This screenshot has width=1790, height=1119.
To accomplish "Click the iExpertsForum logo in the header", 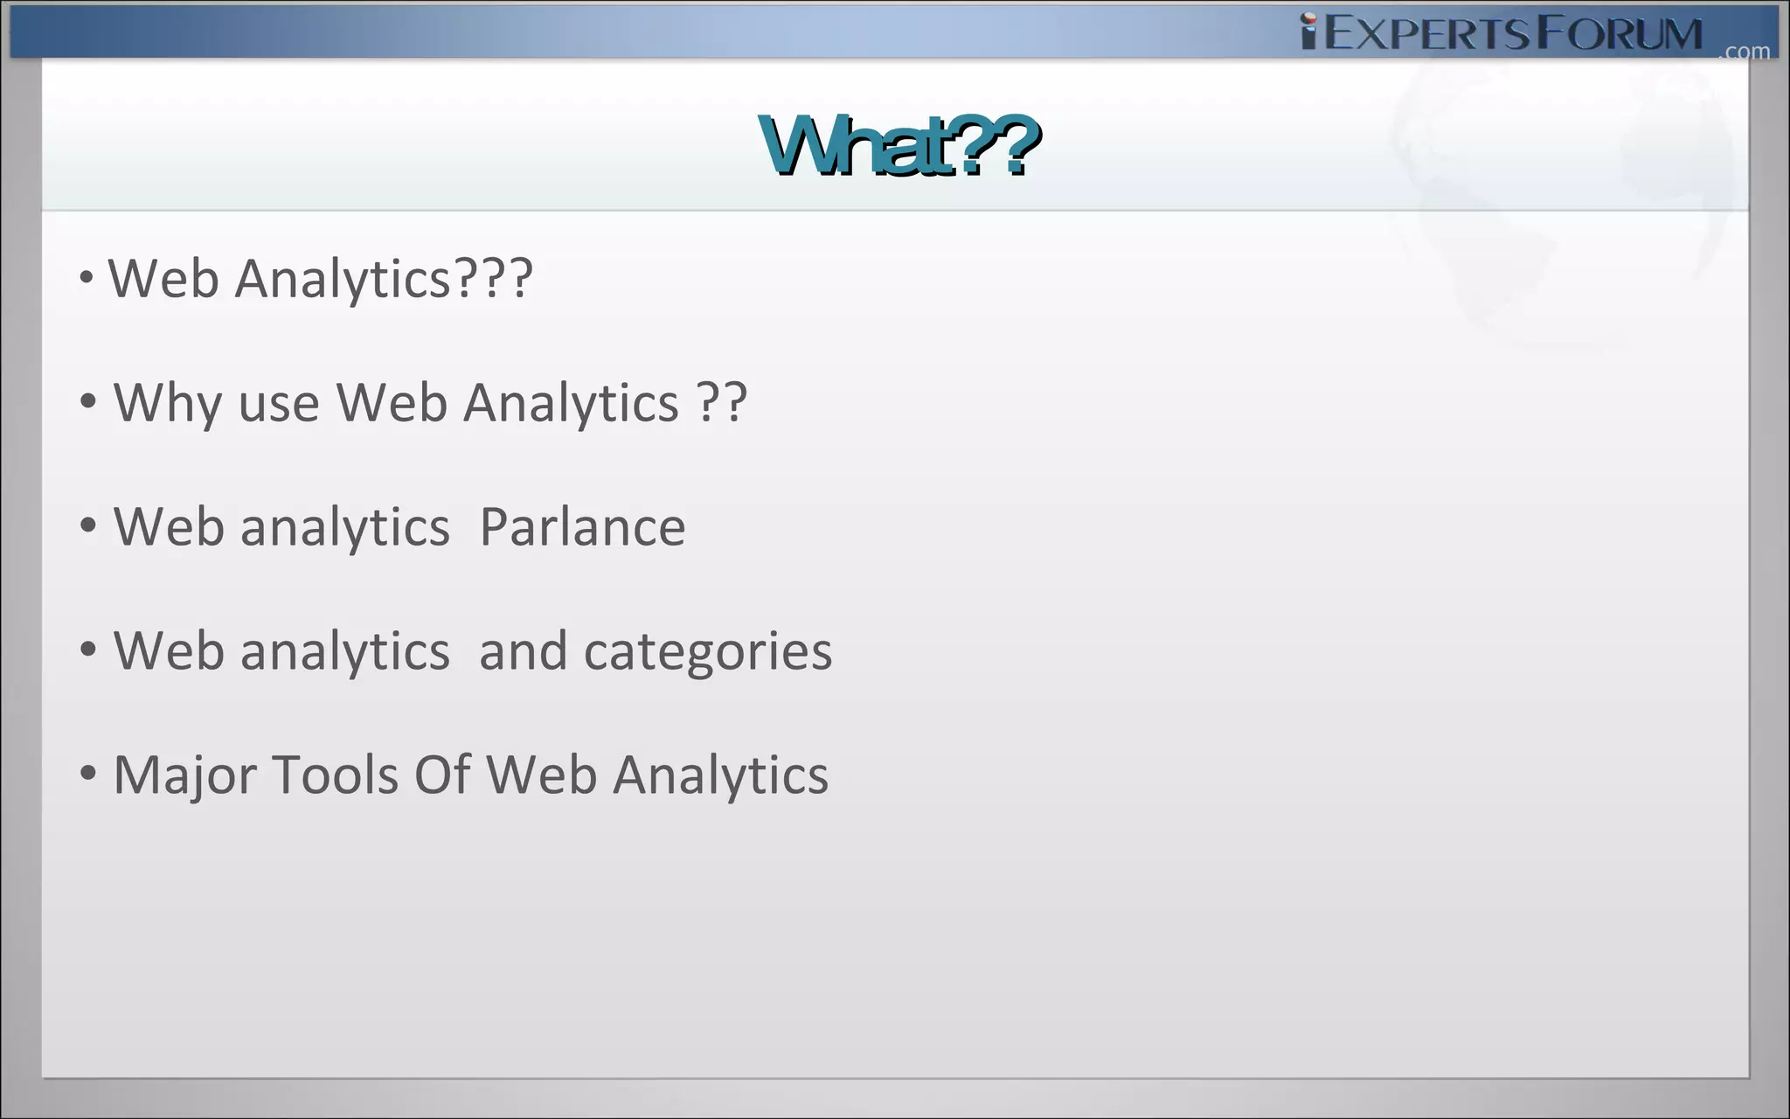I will tap(1501, 33).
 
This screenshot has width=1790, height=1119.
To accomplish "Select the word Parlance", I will tap(582, 527).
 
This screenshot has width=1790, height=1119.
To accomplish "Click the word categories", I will tap(708, 652).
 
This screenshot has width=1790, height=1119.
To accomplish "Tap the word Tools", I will tap(336, 775).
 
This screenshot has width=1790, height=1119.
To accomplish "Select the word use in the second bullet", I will tap(279, 405).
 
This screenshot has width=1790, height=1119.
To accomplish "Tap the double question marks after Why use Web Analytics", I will tap(722, 403).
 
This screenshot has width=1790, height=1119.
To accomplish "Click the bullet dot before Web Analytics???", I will tap(86, 278).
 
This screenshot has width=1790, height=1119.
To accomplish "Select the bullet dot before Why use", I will tap(87, 402).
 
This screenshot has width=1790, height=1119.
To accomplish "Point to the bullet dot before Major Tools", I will tap(87, 774).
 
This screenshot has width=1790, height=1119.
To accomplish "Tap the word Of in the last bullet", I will tap(442, 775).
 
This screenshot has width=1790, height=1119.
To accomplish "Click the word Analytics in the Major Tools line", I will tap(720, 775).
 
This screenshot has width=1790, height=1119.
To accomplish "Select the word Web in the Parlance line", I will tap(169, 527).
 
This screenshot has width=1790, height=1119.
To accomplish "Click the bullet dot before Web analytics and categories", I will tap(87, 650).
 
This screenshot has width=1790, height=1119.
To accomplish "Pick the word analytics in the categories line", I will tap(344, 652).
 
